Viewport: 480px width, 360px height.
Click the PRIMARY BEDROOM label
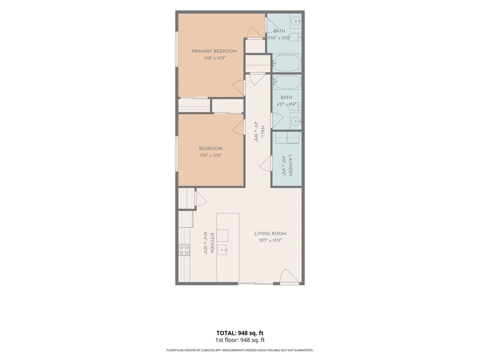pyautogui.click(x=215, y=51)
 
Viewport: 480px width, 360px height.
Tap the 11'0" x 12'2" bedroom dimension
pyautogui.click(x=211, y=156)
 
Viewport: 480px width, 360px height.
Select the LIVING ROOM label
pyautogui.click(x=270, y=233)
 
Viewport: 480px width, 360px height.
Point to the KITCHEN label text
pyautogui.click(x=212, y=243)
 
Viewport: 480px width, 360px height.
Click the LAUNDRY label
pyautogui.click(x=290, y=165)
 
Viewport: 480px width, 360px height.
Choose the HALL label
pyautogui.click(x=263, y=132)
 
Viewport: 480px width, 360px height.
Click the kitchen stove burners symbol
pyautogui.click(x=184, y=250)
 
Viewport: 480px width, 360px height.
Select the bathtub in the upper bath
pyautogui.click(x=286, y=63)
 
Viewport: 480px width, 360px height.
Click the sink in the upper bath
pyautogui.click(x=296, y=21)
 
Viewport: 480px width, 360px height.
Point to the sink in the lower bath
pyautogui.click(x=296, y=121)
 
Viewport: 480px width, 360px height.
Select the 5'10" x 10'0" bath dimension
pyautogui.click(x=279, y=38)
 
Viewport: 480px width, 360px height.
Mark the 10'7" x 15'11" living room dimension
pyautogui.click(x=270, y=240)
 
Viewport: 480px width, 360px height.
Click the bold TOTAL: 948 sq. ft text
pyautogui.click(x=240, y=333)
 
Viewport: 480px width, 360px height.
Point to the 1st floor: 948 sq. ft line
pyautogui.click(x=240, y=340)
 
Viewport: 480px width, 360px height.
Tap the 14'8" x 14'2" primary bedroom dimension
pyautogui.click(x=215, y=58)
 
